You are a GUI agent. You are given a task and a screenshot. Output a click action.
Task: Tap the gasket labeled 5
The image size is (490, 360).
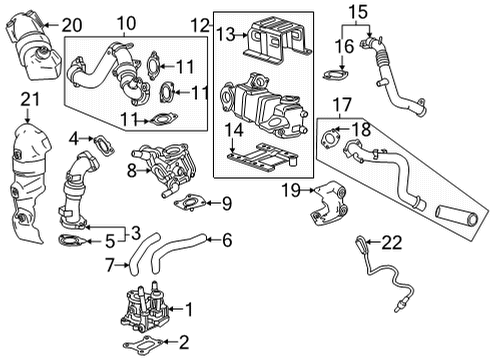click(x=70, y=240)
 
